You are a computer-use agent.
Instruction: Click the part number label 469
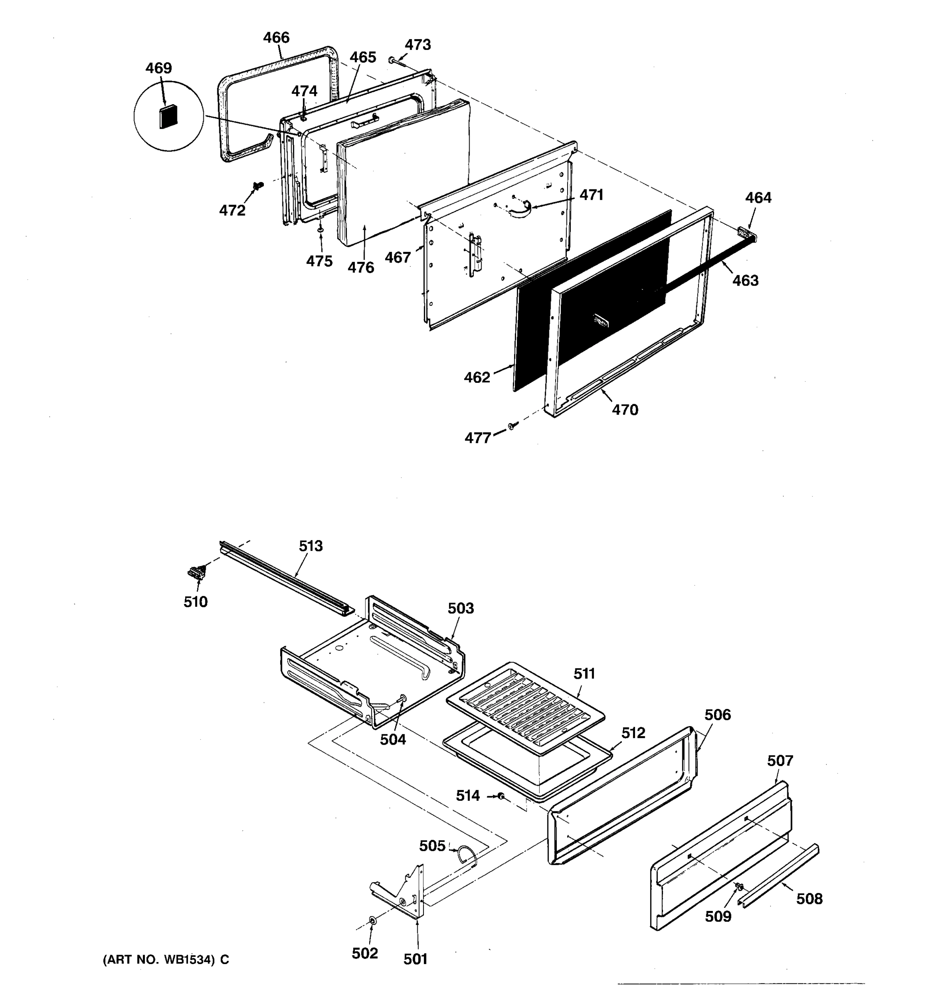coord(158,68)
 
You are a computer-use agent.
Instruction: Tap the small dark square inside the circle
coord(168,116)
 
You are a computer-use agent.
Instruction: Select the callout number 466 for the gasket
coord(276,37)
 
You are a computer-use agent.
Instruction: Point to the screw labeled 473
coord(393,61)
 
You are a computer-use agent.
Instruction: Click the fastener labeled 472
coord(258,186)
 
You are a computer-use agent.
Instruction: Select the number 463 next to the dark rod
coord(745,280)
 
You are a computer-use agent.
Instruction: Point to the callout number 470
coord(624,410)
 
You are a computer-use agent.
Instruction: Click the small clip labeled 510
coord(197,573)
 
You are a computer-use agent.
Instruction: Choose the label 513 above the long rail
coord(310,546)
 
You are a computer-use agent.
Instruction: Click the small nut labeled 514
coord(502,796)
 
